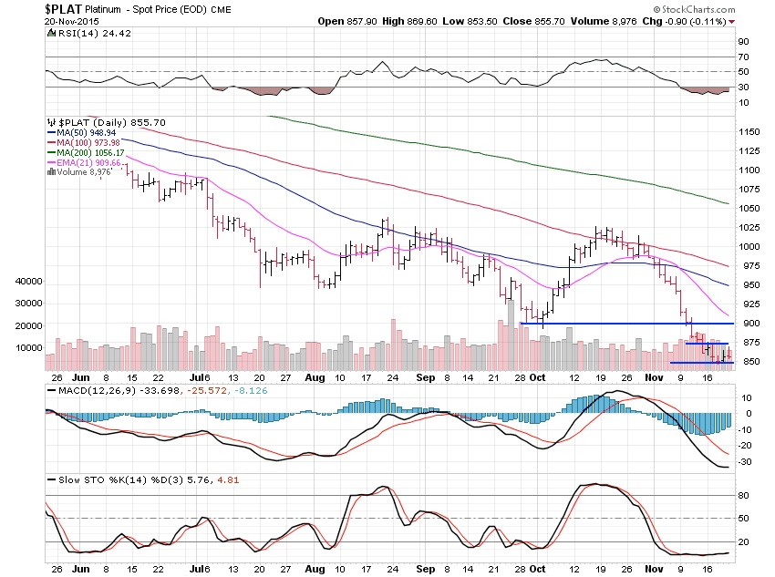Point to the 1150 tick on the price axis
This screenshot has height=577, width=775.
click(x=749, y=132)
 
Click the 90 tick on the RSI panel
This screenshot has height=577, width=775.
click(x=743, y=42)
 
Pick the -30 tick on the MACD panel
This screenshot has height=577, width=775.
click(x=745, y=461)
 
